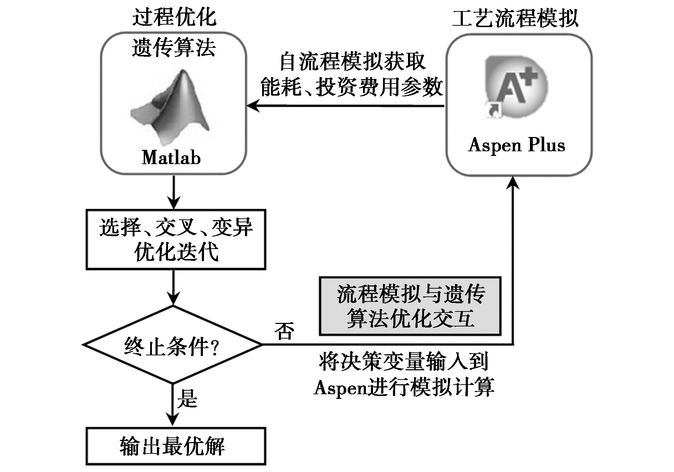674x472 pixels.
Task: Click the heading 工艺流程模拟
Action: (x=515, y=18)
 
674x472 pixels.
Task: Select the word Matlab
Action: (x=172, y=157)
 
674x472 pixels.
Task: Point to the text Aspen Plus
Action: (x=517, y=145)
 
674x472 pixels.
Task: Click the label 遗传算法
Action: (x=174, y=47)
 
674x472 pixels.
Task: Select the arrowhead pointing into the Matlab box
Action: (x=253, y=106)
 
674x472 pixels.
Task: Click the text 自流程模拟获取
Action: (x=352, y=62)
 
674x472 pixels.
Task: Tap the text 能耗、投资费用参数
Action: (x=352, y=87)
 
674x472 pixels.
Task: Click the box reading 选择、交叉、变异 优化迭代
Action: (x=176, y=239)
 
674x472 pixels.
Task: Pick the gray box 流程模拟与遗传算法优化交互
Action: (x=410, y=306)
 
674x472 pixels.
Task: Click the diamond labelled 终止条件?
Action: (x=173, y=345)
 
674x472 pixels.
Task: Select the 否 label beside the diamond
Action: (x=284, y=331)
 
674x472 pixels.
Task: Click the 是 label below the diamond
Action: (x=187, y=399)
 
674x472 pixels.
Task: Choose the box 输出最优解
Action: (x=176, y=446)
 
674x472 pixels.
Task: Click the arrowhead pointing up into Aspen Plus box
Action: (x=513, y=182)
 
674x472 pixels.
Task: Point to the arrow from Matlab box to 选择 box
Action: (x=174, y=192)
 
